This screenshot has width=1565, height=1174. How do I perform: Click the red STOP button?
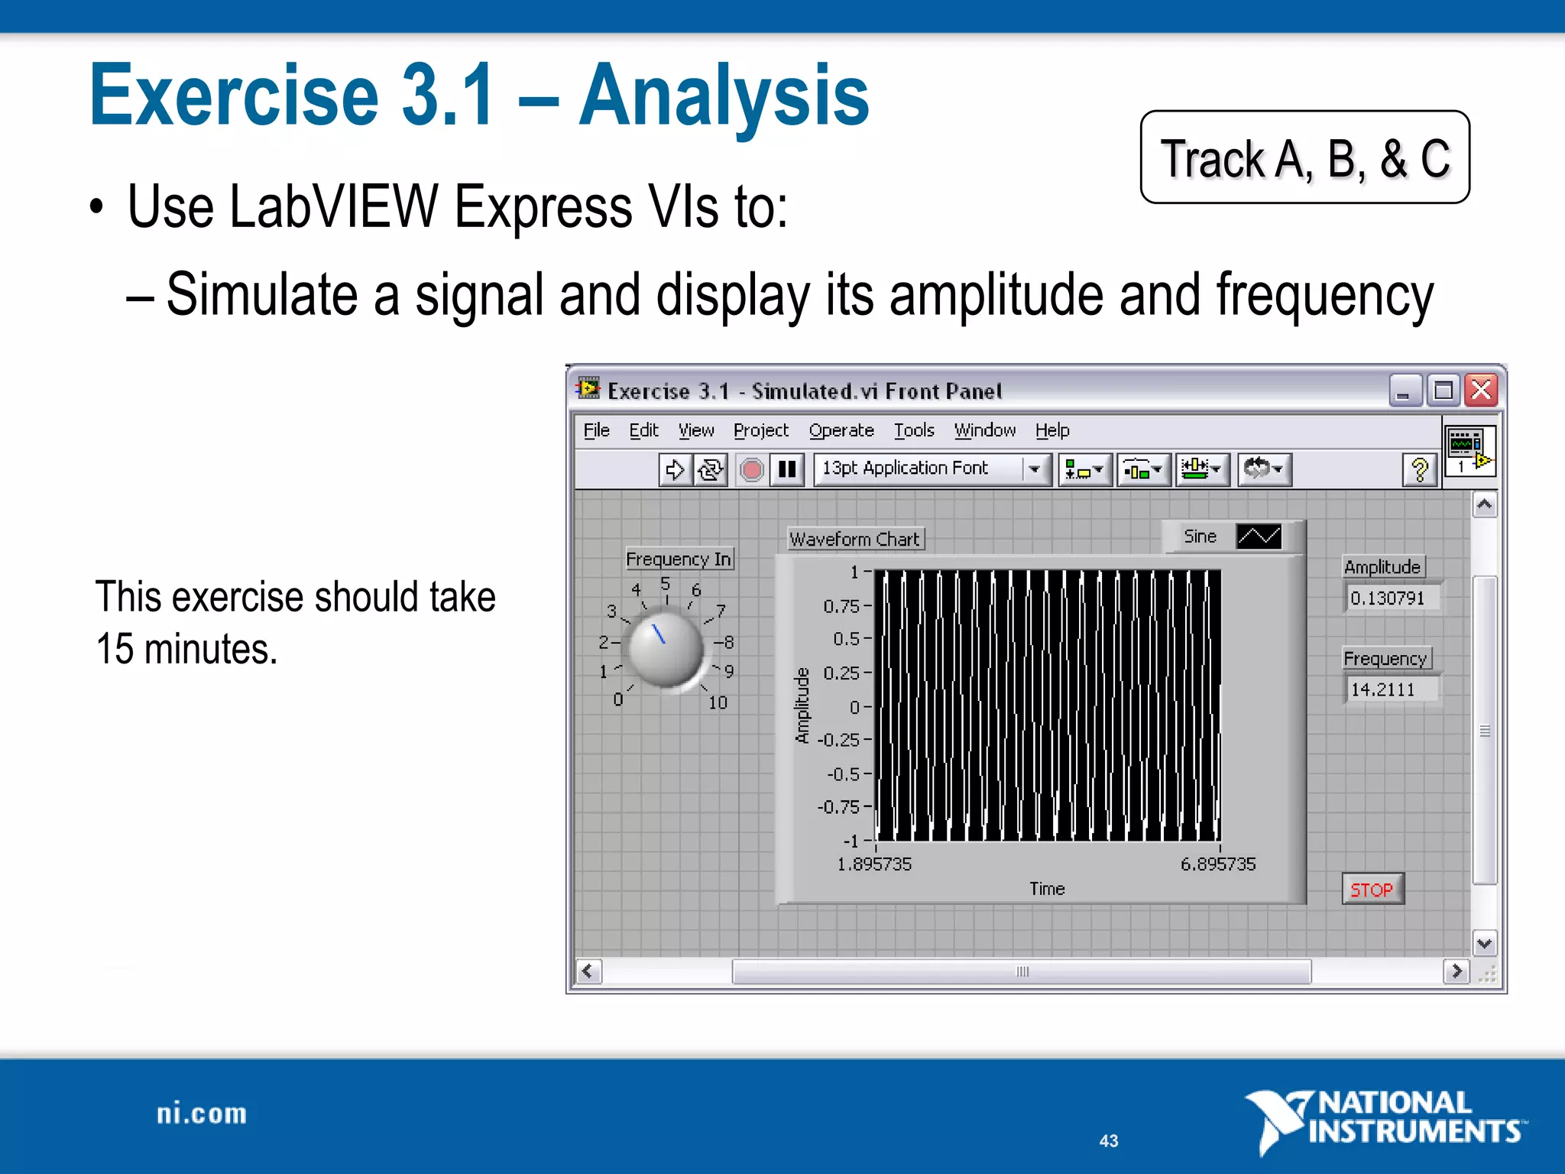1372,890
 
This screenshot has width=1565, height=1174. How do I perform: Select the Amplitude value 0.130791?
1388,598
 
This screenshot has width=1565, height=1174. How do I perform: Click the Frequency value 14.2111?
1384,689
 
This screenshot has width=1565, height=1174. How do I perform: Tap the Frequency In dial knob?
664,648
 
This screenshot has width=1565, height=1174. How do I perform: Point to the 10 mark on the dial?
718,702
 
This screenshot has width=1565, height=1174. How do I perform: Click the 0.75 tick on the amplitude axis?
841,606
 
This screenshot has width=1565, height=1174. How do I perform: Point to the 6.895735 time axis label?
1218,864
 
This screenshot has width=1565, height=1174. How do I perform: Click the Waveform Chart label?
854,540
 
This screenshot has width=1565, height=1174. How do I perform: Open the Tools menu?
914,430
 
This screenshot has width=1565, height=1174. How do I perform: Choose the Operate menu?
841,430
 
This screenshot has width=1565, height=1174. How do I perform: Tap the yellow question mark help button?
1420,469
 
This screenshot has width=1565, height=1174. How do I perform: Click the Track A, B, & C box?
1304,157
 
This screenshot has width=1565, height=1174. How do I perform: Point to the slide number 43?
1109,1140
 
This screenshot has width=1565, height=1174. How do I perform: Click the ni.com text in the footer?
202,1114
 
